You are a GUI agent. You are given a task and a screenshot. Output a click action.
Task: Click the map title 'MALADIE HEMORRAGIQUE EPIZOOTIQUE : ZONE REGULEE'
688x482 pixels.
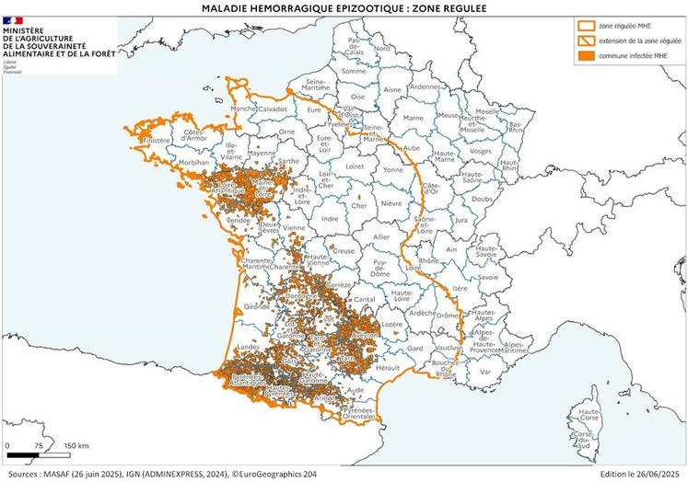344,7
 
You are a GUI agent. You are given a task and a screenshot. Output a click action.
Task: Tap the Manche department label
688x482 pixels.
243,109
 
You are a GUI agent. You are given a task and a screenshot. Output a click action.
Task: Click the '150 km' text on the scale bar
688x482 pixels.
76,445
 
